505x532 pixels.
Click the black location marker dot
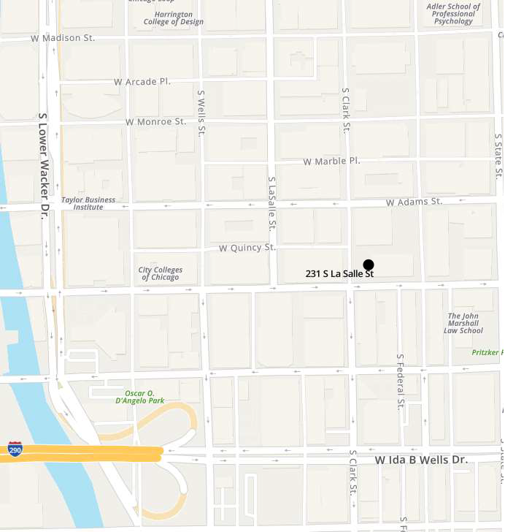pyautogui.click(x=369, y=265)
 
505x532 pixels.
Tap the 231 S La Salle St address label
pyautogui.click(x=339, y=274)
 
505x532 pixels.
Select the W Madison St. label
pyautogui.click(x=63, y=38)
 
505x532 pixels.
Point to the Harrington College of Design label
pyautogui.click(x=174, y=18)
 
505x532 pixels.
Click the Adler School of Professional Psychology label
pyautogui.click(x=453, y=14)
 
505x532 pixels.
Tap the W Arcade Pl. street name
pyautogui.click(x=142, y=81)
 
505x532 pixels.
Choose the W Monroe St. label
pyautogui.click(x=155, y=121)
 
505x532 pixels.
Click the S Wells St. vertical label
pyautogui.click(x=201, y=114)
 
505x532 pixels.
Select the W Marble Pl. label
pyautogui.click(x=332, y=161)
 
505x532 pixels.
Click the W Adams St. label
pyautogui.click(x=414, y=201)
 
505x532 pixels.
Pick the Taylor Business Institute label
pyautogui.click(x=88, y=203)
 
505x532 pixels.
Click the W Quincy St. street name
pyautogui.click(x=247, y=248)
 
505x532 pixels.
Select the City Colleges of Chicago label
pyautogui.click(x=161, y=273)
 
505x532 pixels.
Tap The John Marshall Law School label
pyautogui.click(x=463, y=323)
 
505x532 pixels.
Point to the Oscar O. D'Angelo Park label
pyautogui.click(x=139, y=396)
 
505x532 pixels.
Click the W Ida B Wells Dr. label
pyautogui.click(x=420, y=460)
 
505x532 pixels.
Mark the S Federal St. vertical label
pyautogui.click(x=400, y=382)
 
